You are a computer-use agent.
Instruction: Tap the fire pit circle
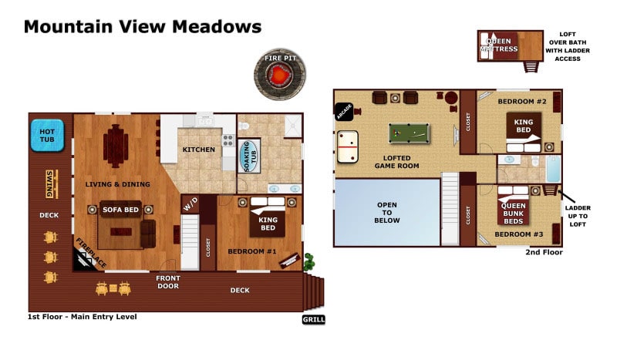(x=279, y=76)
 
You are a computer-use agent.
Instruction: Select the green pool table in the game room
(x=410, y=133)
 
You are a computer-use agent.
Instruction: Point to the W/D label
(x=190, y=205)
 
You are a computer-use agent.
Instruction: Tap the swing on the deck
(x=49, y=183)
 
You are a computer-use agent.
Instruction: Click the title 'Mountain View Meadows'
(x=142, y=27)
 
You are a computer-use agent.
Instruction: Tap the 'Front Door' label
(x=167, y=282)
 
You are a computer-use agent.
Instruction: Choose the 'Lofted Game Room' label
(x=396, y=160)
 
